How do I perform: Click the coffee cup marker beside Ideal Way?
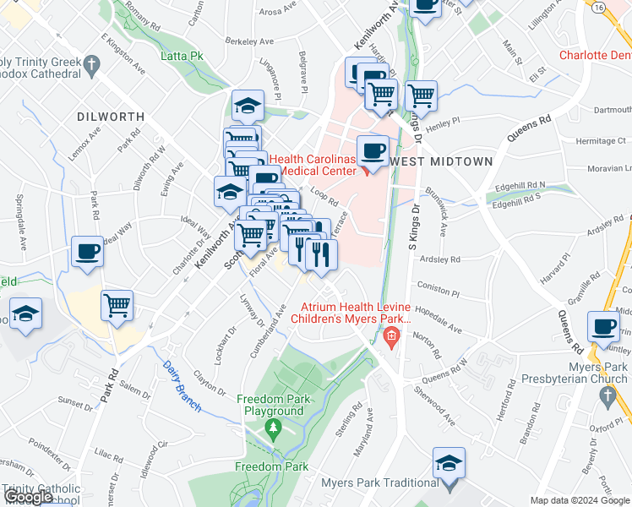(88, 252)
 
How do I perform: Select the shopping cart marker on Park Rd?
(117, 305)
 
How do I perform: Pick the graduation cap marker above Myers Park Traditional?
(449, 462)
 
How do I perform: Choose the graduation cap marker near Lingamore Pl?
(248, 106)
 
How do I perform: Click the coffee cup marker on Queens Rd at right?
(604, 326)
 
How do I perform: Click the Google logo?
(29, 497)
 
